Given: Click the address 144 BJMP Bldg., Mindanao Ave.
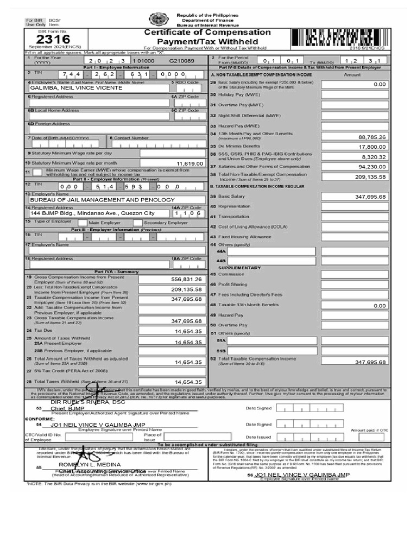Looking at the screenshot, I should click(x=92, y=213).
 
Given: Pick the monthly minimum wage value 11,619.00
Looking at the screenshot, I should click(x=189, y=163).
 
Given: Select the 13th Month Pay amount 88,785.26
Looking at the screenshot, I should click(x=372, y=137).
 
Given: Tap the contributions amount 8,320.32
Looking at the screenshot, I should click(x=374, y=157).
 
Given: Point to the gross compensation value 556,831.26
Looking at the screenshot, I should click(x=186, y=280).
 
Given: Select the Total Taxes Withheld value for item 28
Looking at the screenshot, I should click(x=188, y=382).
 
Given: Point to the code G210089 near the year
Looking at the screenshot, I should click(x=181, y=61).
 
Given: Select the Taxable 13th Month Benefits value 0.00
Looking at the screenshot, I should click(x=378, y=306).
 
